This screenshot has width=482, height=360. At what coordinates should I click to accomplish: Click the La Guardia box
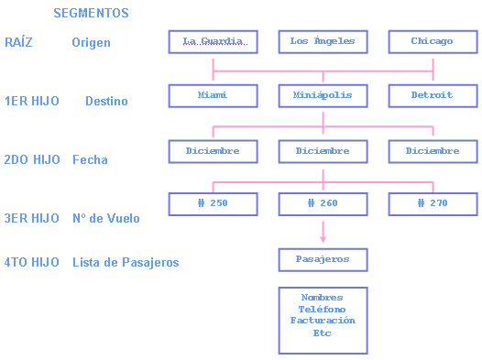click(x=213, y=42)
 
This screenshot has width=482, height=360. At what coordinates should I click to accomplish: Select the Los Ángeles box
click(x=323, y=42)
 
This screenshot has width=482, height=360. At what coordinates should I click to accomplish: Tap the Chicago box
click(x=433, y=42)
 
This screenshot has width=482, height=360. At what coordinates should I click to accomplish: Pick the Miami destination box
click(x=213, y=96)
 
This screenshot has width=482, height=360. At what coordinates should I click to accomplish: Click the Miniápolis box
click(x=323, y=96)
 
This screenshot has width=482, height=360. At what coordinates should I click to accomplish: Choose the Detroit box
click(x=433, y=96)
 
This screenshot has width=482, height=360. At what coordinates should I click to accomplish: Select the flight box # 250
click(x=213, y=203)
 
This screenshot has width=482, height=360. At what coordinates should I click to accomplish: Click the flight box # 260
click(x=323, y=203)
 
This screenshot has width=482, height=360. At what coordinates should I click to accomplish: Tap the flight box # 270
click(x=433, y=203)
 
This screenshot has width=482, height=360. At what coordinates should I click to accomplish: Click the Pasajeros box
click(x=323, y=260)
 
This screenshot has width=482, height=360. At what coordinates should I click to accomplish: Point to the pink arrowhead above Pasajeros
click(x=323, y=238)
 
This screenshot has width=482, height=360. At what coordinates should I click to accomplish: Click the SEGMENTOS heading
click(x=91, y=14)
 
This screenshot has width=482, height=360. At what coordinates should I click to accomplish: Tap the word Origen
click(x=91, y=43)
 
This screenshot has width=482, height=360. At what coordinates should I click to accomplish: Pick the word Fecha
click(x=90, y=160)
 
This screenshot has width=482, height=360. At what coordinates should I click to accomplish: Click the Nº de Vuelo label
click(x=106, y=219)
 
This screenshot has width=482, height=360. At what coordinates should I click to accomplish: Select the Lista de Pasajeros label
click(x=126, y=263)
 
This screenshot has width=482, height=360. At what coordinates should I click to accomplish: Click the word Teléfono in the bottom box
click(x=323, y=310)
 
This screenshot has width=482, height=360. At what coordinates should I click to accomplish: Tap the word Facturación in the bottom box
click(x=323, y=322)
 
